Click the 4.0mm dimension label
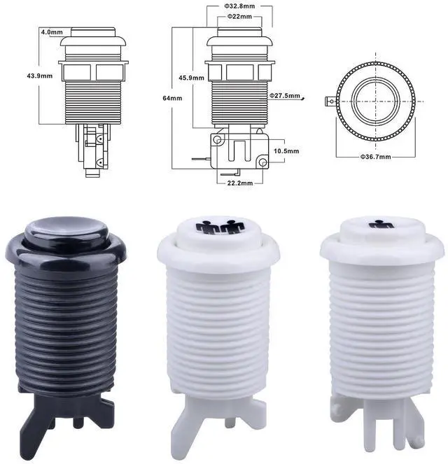point(52,32)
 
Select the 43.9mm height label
point(40,76)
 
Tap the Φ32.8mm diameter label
point(239,6)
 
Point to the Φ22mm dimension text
point(239,17)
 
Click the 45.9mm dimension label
point(192,78)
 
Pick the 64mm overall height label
point(172,98)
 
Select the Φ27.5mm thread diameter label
point(285,96)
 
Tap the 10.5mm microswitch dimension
point(286,151)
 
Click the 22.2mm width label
point(240,183)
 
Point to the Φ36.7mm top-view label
point(375,157)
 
